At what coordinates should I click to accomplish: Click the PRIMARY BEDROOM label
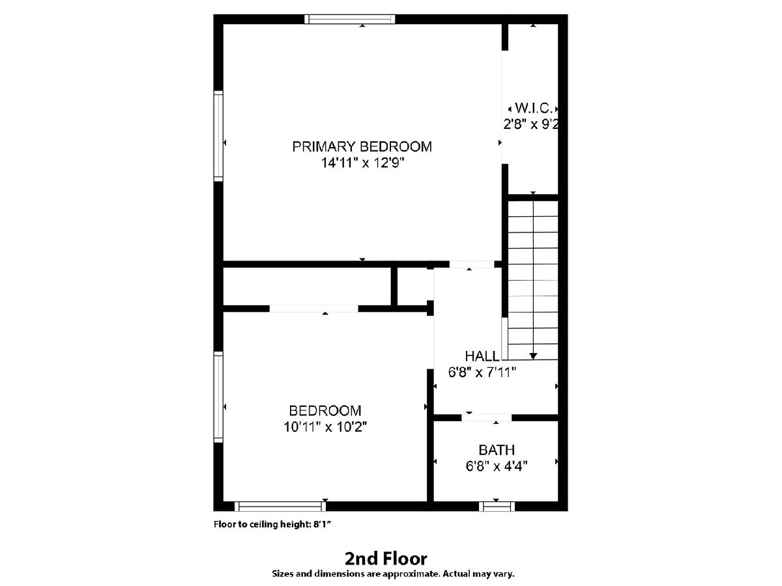click(362, 146)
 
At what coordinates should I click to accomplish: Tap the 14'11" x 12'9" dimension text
click(363, 163)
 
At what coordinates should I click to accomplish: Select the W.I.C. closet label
click(534, 108)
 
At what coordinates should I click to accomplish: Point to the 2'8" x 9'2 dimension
click(530, 124)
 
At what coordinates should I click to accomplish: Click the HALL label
click(482, 356)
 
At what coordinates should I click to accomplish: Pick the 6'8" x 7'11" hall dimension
click(482, 372)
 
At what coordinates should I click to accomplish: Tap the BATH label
click(497, 450)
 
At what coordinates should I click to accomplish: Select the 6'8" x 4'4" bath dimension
click(497, 466)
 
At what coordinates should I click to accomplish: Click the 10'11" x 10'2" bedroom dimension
click(325, 426)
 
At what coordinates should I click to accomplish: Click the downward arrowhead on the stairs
click(533, 356)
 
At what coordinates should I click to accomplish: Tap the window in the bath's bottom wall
click(497, 507)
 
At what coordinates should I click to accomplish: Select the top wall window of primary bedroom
click(350, 20)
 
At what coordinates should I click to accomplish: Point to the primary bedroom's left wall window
click(218, 136)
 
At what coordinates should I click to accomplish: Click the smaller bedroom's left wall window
click(218, 397)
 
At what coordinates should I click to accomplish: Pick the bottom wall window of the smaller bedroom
click(280, 507)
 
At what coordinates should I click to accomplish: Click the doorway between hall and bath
click(487, 418)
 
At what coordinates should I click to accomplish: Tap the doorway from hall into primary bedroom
click(472, 264)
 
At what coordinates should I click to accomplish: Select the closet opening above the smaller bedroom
click(313, 309)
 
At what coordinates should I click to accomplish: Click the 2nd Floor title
click(386, 559)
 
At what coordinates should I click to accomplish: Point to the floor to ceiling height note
click(273, 524)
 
